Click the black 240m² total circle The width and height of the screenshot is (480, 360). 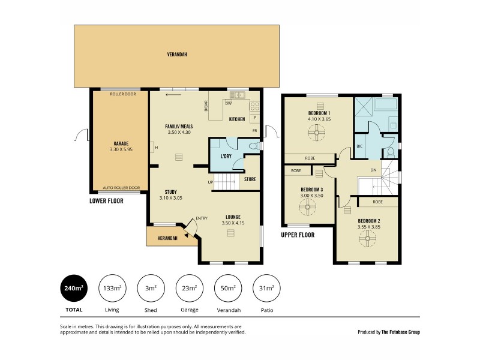pos(73,289)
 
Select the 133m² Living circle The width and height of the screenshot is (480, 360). pos(112,289)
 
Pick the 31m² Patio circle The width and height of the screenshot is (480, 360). pos(266,289)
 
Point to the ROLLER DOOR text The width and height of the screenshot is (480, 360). pos(123,94)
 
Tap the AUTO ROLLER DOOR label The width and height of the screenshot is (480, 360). pos(121,187)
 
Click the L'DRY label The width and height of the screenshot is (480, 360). pos(226,156)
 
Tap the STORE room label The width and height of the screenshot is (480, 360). pos(250,179)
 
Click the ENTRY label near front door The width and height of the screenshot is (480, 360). pos(201,218)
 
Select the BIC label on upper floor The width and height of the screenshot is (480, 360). pos(359,146)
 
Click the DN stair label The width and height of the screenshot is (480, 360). pos(373,170)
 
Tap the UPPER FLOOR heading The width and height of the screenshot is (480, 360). pos(298,235)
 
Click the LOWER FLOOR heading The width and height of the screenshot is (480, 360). pos(106,201)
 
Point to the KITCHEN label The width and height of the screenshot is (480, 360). pos(237,119)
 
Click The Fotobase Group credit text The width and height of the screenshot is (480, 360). pos(401,332)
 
